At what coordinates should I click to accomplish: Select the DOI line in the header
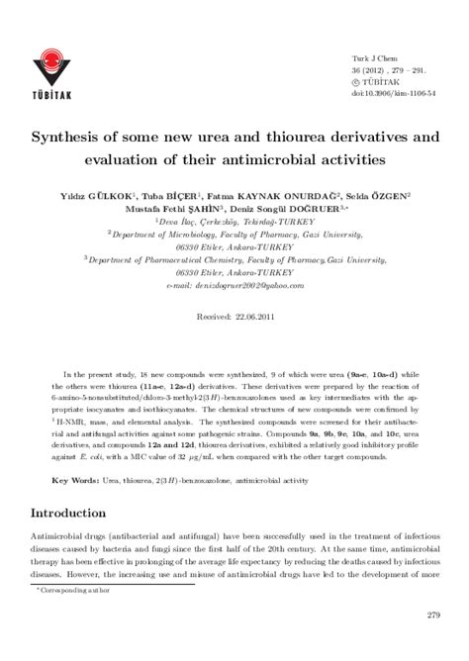click(390, 94)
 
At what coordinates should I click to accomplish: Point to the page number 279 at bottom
click(432, 615)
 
